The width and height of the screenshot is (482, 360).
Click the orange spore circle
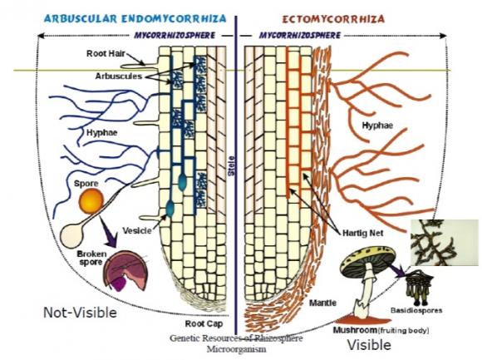click(91, 201)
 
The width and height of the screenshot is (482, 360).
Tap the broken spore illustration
click(126, 270)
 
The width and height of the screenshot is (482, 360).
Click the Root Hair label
click(106, 53)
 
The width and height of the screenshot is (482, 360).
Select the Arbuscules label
click(119, 76)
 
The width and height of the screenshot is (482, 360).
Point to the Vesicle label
click(137, 230)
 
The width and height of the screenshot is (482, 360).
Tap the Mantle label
click(322, 303)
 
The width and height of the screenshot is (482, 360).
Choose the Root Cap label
click(204, 323)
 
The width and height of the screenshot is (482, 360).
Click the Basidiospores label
click(416, 310)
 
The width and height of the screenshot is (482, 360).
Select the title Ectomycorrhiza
click(333, 19)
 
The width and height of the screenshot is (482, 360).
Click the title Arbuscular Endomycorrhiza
click(135, 18)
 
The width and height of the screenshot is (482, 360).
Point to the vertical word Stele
click(231, 166)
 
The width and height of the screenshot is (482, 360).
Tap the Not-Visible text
click(80, 313)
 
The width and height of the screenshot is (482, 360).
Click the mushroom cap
click(368, 261)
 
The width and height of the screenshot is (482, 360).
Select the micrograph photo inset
click(445, 242)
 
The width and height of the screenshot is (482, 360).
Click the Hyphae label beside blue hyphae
click(101, 132)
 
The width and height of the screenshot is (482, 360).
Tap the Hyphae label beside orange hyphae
click(377, 125)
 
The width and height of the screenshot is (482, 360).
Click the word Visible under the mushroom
click(369, 345)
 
